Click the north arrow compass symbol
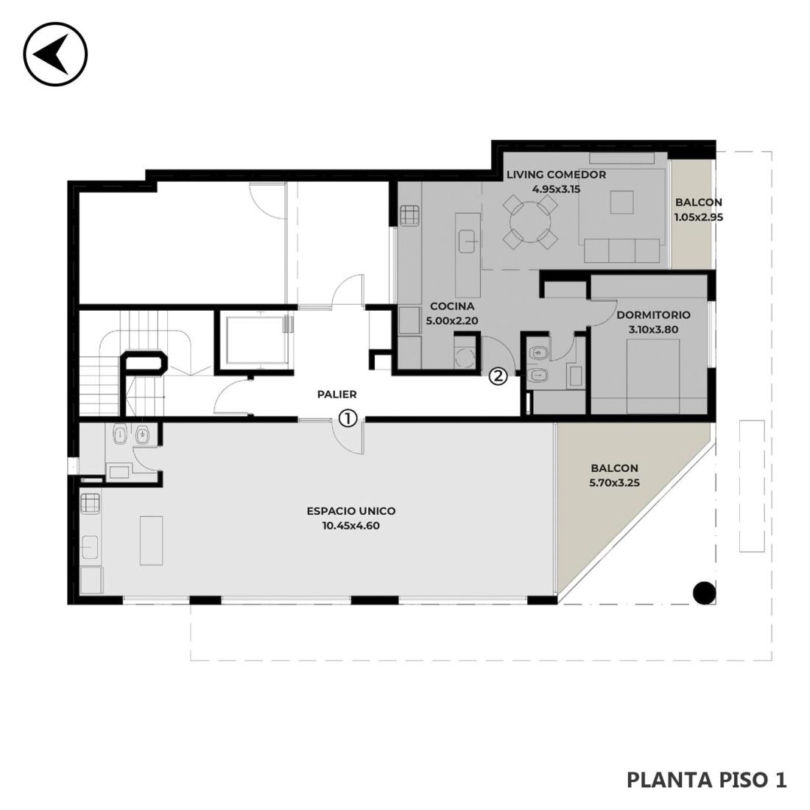click(55, 54)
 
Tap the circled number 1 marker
click(348, 418)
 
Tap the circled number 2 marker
click(499, 376)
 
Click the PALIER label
click(337, 394)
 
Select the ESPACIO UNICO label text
click(351, 511)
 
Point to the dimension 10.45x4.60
click(351, 526)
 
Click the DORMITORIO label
click(653, 314)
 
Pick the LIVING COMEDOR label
click(557, 175)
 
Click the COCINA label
click(452, 306)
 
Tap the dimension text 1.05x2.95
click(698, 217)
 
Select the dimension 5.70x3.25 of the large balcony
click(615, 483)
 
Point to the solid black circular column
click(703, 593)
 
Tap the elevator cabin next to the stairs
click(256, 339)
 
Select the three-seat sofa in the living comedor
click(622, 250)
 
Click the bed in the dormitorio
click(653, 376)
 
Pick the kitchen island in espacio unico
click(152, 540)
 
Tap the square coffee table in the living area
click(621, 202)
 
